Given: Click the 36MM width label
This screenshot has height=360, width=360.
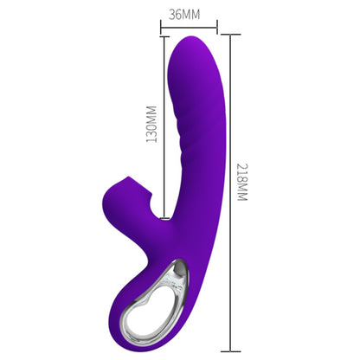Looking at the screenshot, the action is pos(184,15).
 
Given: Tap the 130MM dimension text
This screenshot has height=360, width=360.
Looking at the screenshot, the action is pos(151,125).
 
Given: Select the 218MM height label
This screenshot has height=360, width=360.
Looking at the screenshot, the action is pos(242,183).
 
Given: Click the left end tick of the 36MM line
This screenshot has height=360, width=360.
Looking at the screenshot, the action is pos(161,28).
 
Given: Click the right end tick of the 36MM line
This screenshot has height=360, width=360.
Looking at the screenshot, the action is pos(217,28).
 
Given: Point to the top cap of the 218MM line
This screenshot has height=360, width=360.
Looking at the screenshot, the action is pos(230,35).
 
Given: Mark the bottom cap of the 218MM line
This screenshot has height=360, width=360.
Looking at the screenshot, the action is pos(230,351).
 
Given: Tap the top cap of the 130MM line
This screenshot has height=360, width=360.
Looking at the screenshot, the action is pos(164,36).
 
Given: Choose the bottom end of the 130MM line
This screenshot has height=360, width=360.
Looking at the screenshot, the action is pos(164,218).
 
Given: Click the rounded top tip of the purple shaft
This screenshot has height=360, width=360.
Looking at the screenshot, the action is pos(193,37).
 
